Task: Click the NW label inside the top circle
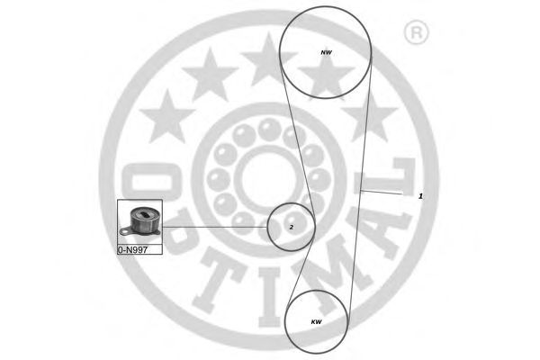(326, 53)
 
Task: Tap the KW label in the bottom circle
(316, 322)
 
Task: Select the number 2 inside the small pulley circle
(292, 228)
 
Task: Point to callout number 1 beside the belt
(420, 196)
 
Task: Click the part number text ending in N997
(132, 250)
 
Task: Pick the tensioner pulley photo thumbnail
(139, 222)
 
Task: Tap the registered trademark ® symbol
(416, 32)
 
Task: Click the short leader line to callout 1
(382, 193)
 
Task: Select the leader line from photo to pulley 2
(215, 227)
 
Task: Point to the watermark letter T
(220, 281)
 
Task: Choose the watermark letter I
(270, 297)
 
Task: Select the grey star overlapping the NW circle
(326, 76)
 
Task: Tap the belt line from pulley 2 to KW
(300, 270)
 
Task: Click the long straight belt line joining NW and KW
(360, 189)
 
